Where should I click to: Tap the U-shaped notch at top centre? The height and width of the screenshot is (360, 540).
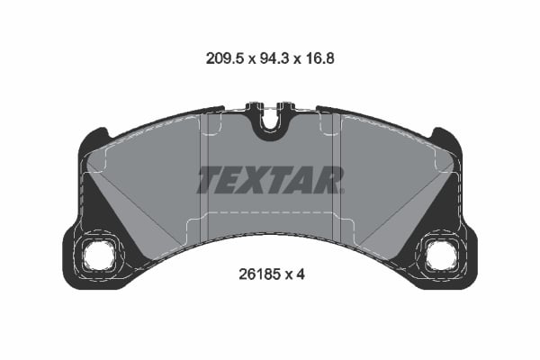[x=269, y=125]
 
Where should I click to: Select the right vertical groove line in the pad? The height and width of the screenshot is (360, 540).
[x=336, y=171]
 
